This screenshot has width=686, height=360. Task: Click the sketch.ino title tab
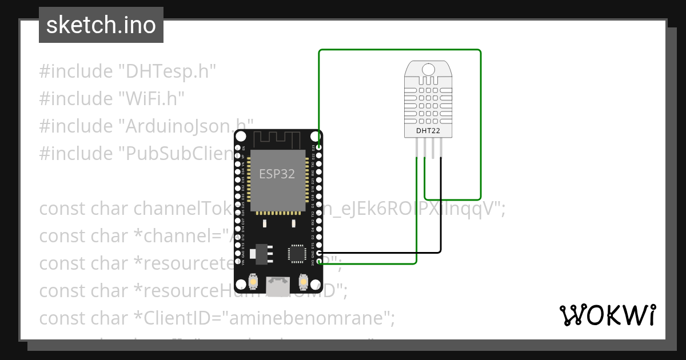pyautogui.click(x=101, y=25)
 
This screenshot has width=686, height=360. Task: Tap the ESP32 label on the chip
pyautogui.click(x=277, y=174)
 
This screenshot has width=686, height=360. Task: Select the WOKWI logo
pyautogui.click(x=607, y=315)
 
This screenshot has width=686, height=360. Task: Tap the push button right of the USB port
pyautogui.click(x=304, y=283)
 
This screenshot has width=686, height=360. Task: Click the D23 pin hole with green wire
pyautogui.click(x=319, y=147)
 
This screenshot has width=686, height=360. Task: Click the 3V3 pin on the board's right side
pyautogui.click(x=319, y=262)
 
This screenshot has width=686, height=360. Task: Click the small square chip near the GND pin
pyautogui.click(x=297, y=253)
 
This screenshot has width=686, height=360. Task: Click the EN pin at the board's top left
pyautogui.click(x=238, y=147)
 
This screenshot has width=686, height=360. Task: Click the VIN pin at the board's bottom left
pyautogui.click(x=238, y=262)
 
